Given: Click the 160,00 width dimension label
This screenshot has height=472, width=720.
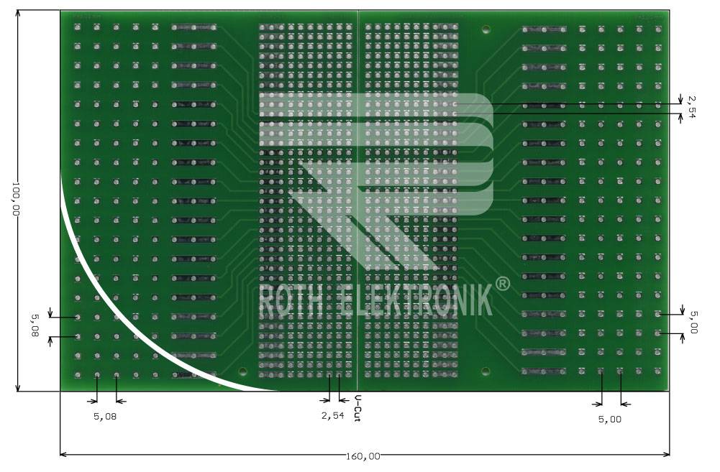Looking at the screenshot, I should point(363,456).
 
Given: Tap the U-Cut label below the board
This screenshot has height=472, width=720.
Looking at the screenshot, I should point(357,408).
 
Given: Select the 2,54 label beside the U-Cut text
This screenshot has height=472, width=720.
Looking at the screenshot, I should point(332,415).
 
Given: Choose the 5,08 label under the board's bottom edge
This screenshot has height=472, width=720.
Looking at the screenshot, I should point(105,415).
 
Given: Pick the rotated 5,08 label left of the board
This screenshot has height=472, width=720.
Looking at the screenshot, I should point(34,325).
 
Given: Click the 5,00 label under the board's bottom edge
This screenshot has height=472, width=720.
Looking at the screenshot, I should point(609,419).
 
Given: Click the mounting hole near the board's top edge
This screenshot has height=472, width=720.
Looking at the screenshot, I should point(486,30).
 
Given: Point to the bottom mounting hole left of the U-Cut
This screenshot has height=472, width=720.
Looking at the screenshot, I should point(242,372).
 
